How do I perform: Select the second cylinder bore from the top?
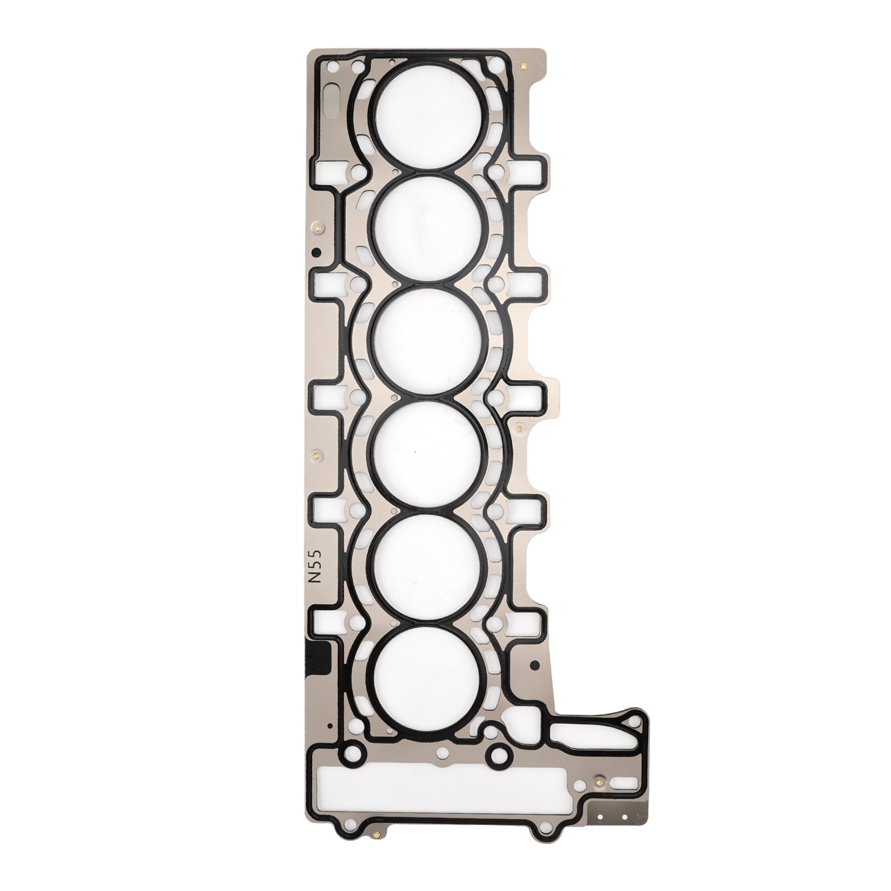tap(428, 229)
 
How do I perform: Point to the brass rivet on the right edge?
tap(519, 428)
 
